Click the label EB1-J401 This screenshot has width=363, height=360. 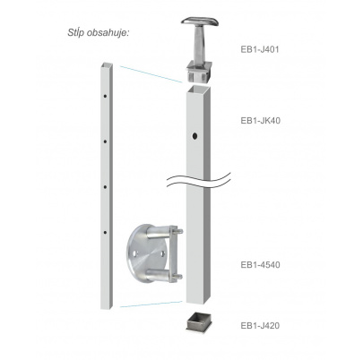[260, 49]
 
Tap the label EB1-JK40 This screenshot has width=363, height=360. [261, 121]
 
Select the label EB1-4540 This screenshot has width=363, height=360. [260, 265]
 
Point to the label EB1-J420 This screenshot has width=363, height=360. [260, 325]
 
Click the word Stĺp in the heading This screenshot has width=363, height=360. [76, 32]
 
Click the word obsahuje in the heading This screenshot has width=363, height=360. [108, 33]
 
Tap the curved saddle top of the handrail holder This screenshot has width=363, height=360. [200, 21]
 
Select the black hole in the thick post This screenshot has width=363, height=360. [194, 136]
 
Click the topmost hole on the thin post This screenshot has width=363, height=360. [105, 96]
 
